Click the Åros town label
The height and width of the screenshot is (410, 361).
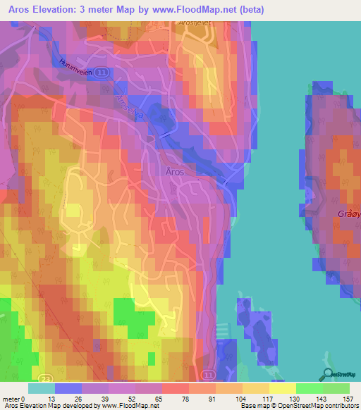coord(175,172)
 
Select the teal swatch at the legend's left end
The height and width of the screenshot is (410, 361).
coord(41,388)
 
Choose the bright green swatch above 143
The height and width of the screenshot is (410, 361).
coord(310,388)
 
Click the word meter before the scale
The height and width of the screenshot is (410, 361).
coord(12,399)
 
